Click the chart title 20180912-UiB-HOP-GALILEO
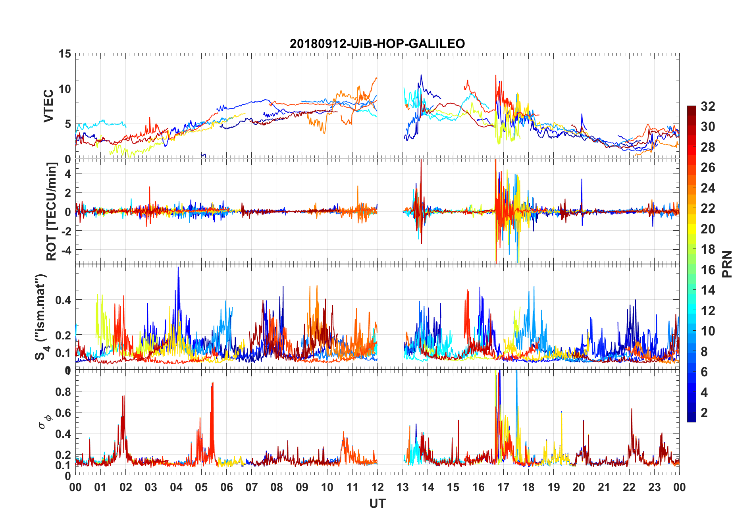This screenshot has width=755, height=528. (x=377, y=43)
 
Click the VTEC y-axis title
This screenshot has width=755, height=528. (x=48, y=106)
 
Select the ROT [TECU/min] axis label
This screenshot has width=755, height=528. (x=52, y=211)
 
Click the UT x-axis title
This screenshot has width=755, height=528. (x=377, y=503)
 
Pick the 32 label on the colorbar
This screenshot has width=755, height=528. (x=708, y=106)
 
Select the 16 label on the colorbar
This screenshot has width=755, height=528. (x=708, y=270)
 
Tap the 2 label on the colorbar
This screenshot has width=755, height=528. (x=704, y=413)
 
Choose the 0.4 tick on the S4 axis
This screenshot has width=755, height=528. (x=64, y=300)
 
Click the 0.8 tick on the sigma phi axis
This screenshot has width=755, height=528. (x=64, y=391)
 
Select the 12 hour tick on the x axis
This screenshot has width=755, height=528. (x=377, y=487)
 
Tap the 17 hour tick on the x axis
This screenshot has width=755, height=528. (x=503, y=487)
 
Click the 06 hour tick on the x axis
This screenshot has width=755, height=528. (x=226, y=487)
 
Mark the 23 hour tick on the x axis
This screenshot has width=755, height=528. (x=654, y=487)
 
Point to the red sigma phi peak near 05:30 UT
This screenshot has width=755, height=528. (x=212, y=384)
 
